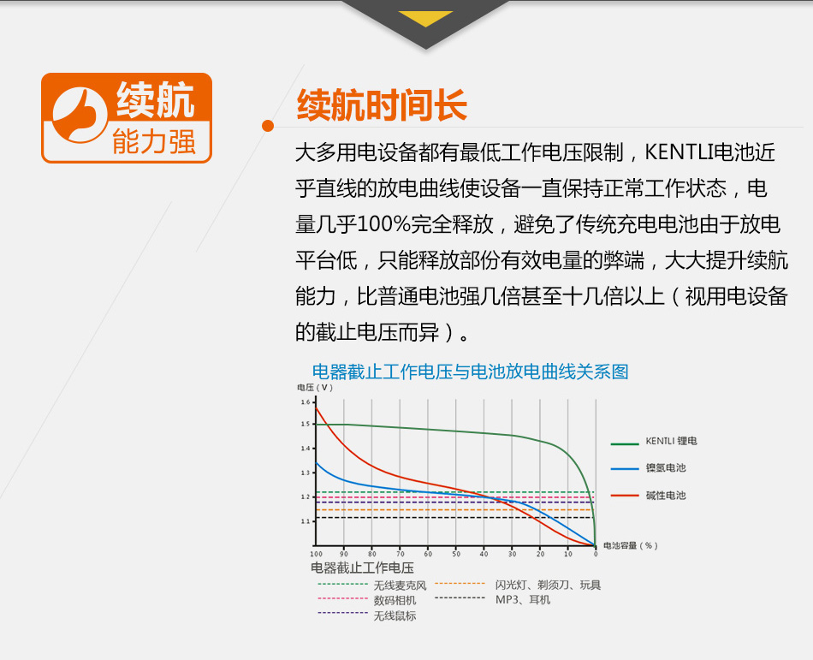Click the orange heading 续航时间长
(x=382, y=105)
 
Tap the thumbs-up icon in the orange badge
(x=80, y=115)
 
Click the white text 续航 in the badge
(x=156, y=100)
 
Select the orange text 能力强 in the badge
(x=154, y=141)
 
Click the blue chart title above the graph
(x=471, y=372)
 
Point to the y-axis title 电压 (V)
(x=315, y=387)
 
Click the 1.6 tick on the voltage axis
(x=306, y=401)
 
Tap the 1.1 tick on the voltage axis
(x=306, y=521)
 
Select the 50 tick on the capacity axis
(x=456, y=554)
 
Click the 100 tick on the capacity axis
(x=317, y=554)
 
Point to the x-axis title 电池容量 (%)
(x=631, y=545)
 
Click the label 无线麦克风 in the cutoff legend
(x=400, y=586)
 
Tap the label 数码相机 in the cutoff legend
(x=395, y=600)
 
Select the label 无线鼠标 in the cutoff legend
(x=395, y=616)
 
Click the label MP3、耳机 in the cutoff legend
(x=523, y=600)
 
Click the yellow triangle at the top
(x=425, y=18)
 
